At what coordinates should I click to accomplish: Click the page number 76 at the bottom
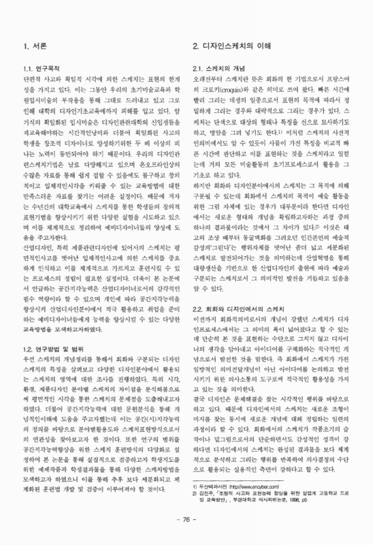[x=186, y=518]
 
